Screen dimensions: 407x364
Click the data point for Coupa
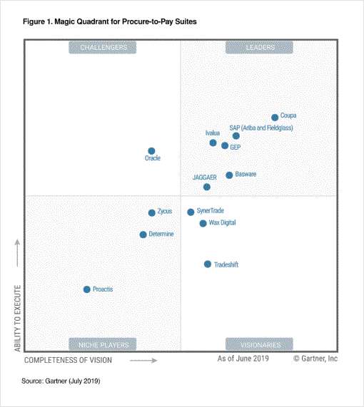pyautogui.click(x=275, y=118)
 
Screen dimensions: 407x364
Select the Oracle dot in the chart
pyautogui.click(x=151, y=151)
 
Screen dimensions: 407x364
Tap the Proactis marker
pyautogui.click(x=87, y=289)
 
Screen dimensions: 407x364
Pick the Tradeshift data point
pyautogui.click(x=208, y=264)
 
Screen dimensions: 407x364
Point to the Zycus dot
pyautogui.click(x=151, y=212)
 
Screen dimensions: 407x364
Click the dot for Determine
pyautogui.click(x=143, y=235)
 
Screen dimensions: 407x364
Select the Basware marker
pyautogui.click(x=229, y=175)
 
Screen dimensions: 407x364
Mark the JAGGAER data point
pyautogui.click(x=207, y=187)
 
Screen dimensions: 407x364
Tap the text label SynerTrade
pyautogui.click(x=211, y=212)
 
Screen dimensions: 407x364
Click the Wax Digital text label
pyautogui.click(x=222, y=223)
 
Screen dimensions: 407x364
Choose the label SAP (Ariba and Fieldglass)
pyautogui.click(x=261, y=128)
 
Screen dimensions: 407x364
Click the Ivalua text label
pyautogui.click(x=212, y=133)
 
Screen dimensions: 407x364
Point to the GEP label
pyautogui.click(x=236, y=147)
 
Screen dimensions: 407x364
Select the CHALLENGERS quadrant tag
pyautogui.click(x=103, y=48)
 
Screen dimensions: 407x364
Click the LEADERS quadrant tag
pyautogui.click(x=259, y=48)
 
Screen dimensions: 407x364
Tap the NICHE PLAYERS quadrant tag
pyautogui.click(x=103, y=344)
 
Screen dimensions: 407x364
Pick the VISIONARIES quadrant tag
pyautogui.click(x=259, y=344)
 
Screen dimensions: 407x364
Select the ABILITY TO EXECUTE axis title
pyautogui.click(x=17, y=317)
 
